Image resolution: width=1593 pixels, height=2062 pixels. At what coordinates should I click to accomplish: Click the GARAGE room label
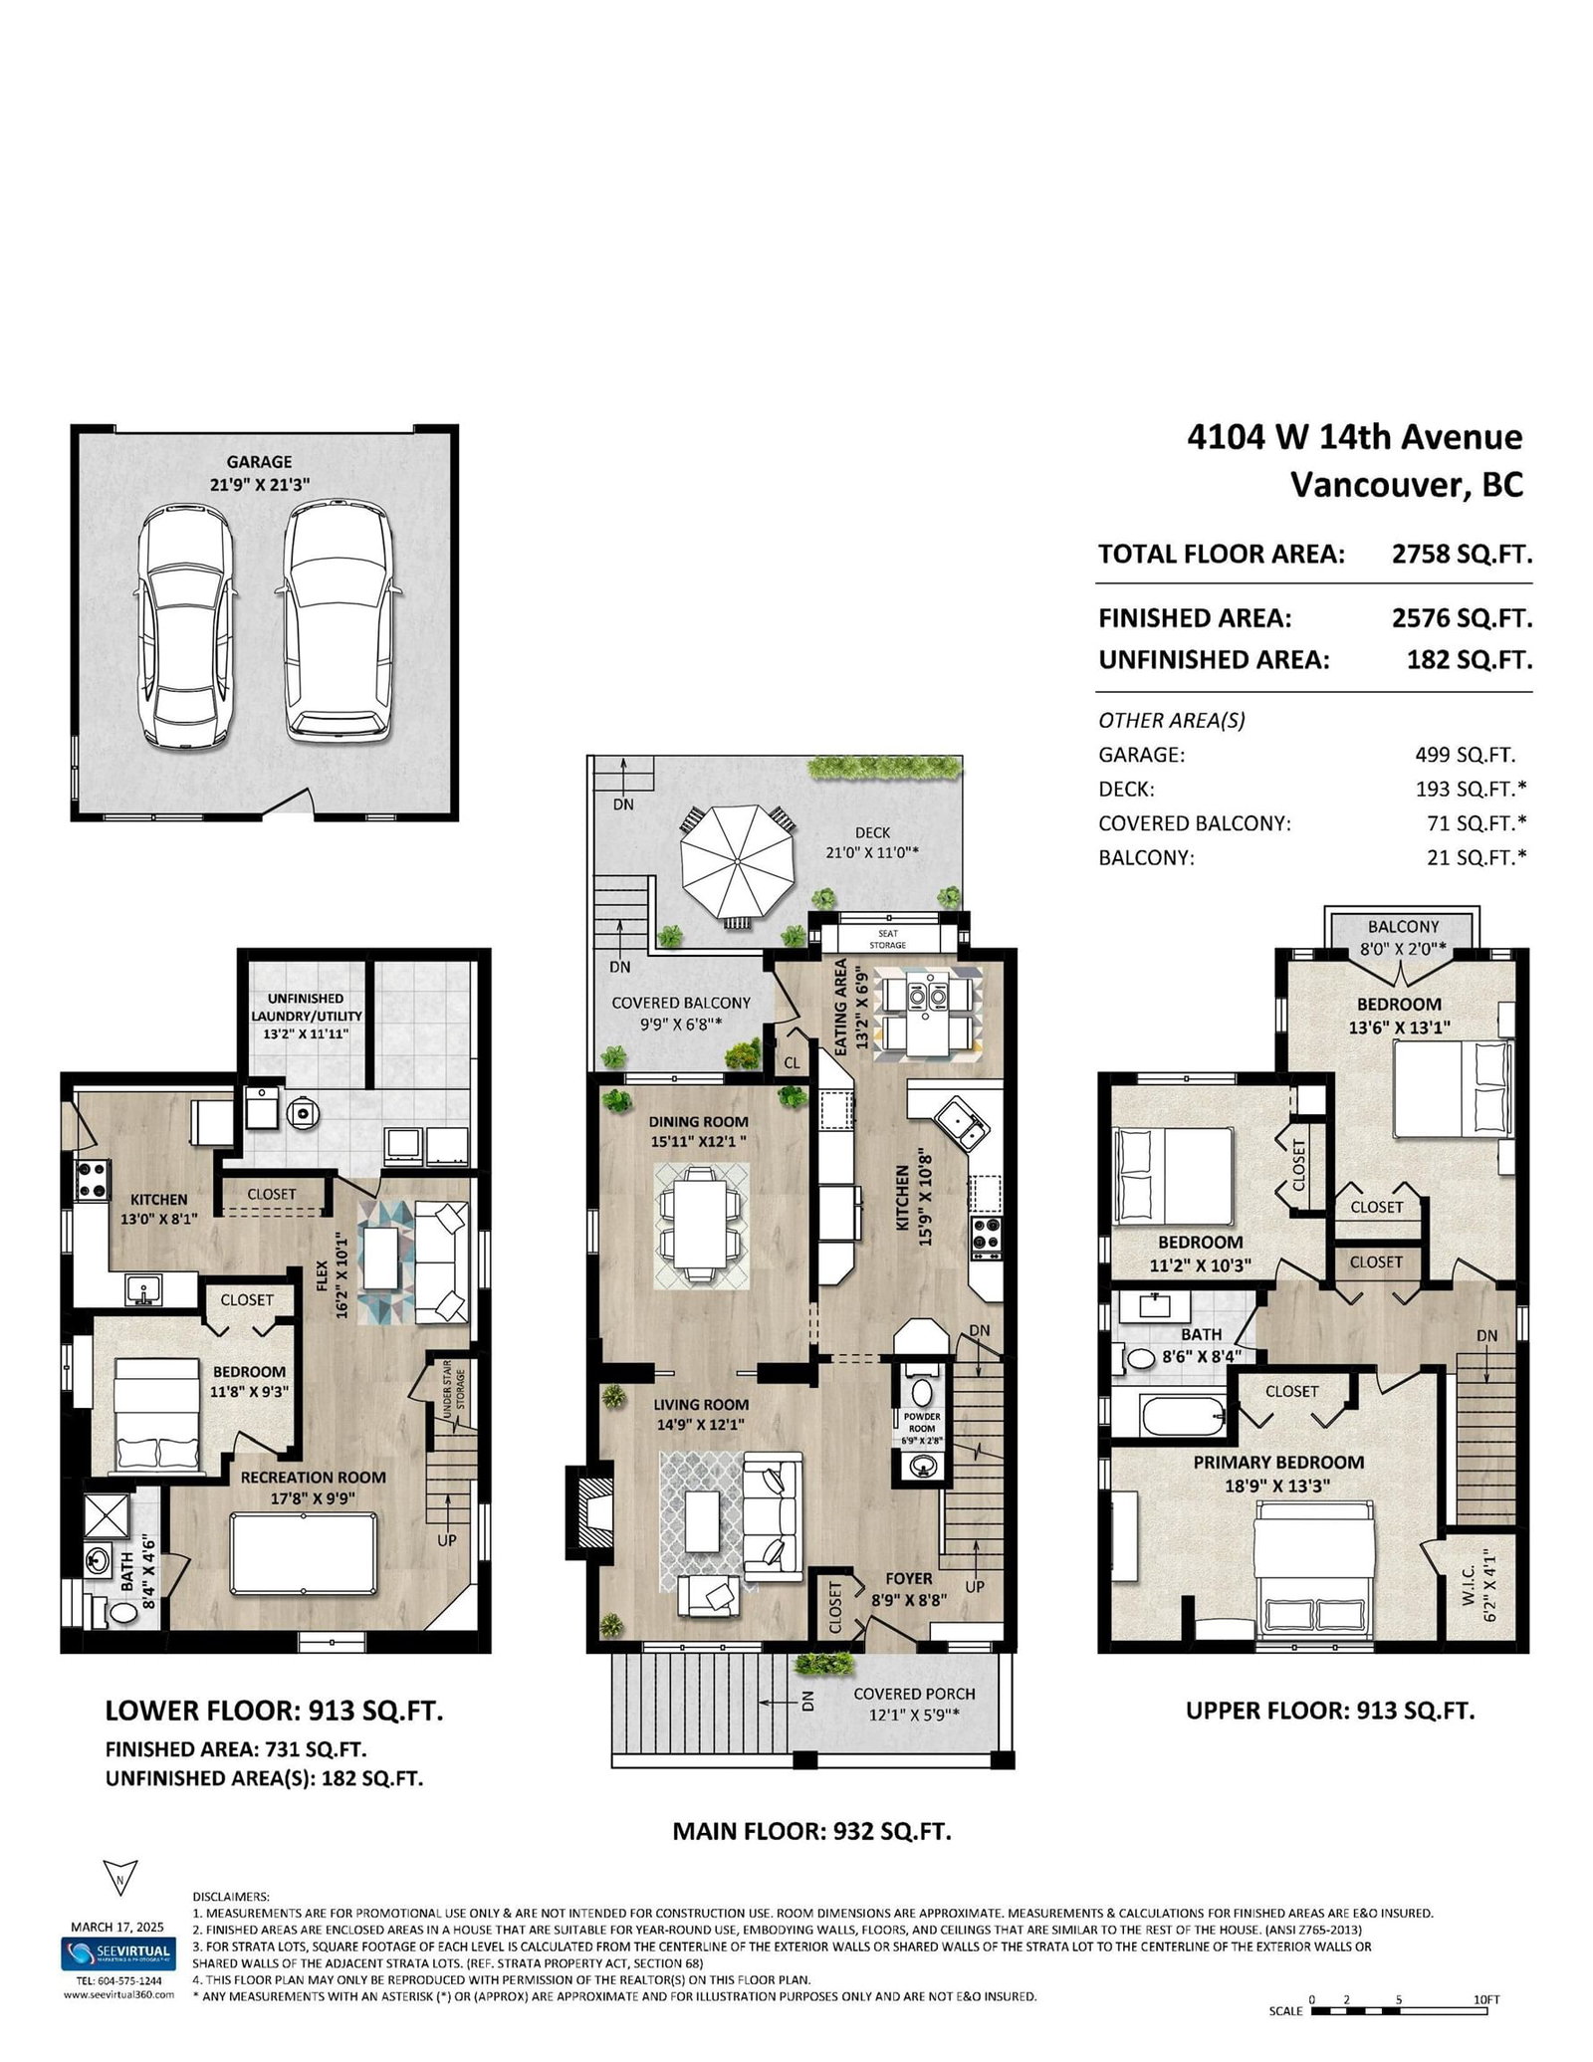(259, 462)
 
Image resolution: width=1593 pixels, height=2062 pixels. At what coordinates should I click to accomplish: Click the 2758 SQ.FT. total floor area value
(1462, 555)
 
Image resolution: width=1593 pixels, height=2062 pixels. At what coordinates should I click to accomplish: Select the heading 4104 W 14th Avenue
(1355, 437)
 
